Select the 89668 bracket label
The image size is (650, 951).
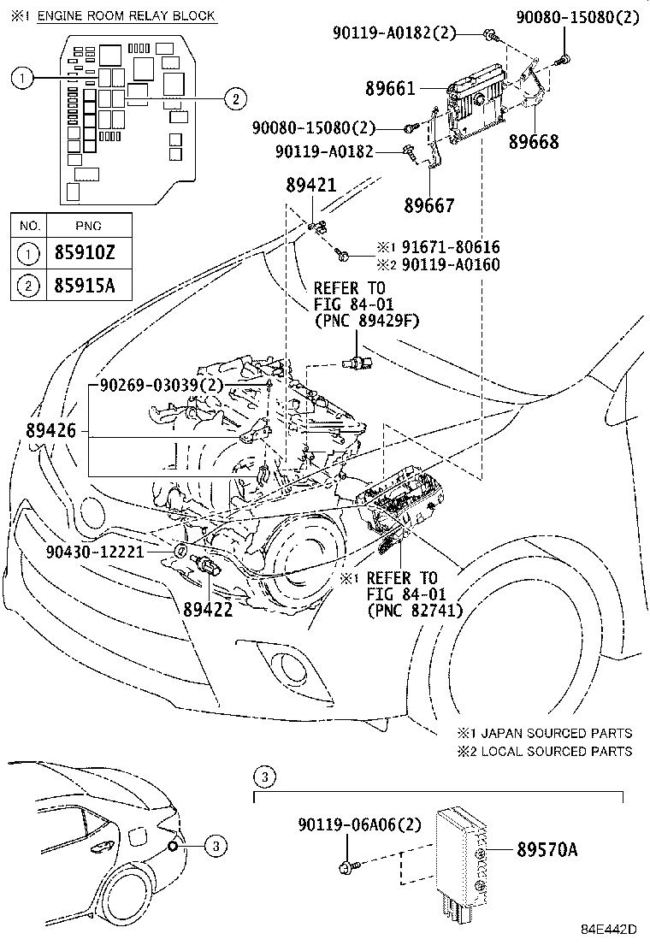tap(535, 142)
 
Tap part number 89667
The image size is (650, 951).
tap(431, 205)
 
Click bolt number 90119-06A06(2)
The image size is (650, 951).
tap(360, 825)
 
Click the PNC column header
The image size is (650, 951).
tap(87, 226)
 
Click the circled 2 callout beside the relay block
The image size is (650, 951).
tap(231, 99)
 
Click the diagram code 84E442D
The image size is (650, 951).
tap(611, 929)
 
